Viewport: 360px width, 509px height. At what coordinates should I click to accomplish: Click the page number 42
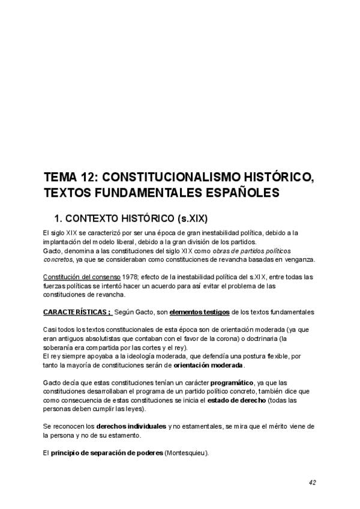(x=313, y=482)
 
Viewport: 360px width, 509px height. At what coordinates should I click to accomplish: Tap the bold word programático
(x=228, y=382)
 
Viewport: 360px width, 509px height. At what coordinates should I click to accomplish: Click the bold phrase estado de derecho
(x=236, y=399)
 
